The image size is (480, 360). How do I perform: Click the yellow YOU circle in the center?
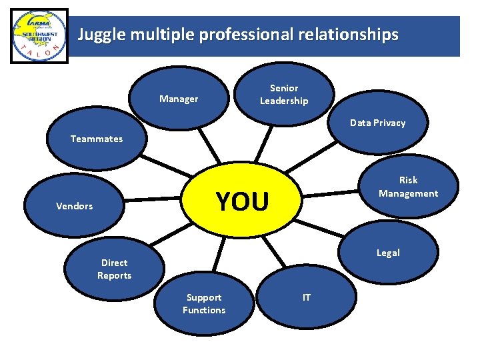click(243, 201)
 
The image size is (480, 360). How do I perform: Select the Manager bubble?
click(179, 99)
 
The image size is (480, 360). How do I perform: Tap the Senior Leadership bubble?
click(284, 95)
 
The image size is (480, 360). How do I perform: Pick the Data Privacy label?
click(377, 123)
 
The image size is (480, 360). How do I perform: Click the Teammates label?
click(97, 139)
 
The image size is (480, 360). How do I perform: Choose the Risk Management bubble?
click(408, 187)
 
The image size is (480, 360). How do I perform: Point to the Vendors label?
click(75, 206)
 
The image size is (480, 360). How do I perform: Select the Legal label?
click(388, 253)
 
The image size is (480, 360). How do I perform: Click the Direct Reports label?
click(114, 269)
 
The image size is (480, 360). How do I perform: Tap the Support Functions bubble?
click(204, 303)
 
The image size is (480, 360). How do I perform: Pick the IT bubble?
click(307, 297)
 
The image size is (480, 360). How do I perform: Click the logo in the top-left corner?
click(39, 36)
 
